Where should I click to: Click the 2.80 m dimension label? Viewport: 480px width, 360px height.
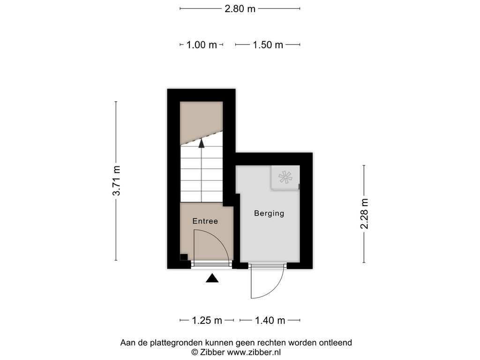pos(240,8)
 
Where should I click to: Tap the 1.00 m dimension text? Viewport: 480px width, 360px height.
pos(202,45)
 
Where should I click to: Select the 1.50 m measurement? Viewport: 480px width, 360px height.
pos(268,45)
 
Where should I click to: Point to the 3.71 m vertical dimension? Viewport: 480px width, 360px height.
pos(116,180)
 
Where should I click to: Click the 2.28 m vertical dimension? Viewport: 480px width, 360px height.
pos(364,214)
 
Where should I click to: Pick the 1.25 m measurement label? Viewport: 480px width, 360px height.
pos(207,320)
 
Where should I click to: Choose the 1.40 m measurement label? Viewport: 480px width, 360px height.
pos(270,320)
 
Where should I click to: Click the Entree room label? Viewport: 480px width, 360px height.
pos(205,221)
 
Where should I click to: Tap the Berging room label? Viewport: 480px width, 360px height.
pos(269,213)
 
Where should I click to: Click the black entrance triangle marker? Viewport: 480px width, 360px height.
pos(212,278)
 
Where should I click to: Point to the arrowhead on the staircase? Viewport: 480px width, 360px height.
pos(202,143)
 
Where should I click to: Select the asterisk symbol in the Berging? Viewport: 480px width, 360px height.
pos(285,177)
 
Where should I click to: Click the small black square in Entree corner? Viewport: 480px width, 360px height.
pos(184,257)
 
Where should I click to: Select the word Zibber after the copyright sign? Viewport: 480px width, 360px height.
pos(213,352)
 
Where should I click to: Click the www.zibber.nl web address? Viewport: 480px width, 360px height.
pos(254,352)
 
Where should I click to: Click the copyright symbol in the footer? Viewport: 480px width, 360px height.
pos(195,352)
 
